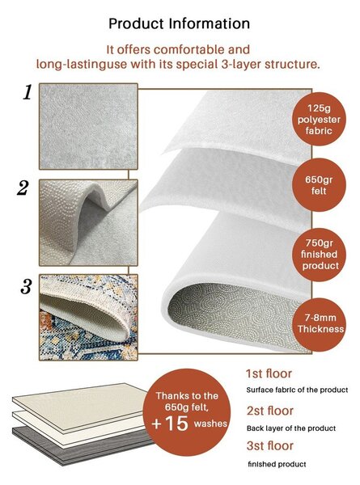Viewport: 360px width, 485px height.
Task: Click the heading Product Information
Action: [180, 23]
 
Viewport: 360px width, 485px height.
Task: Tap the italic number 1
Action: [28, 92]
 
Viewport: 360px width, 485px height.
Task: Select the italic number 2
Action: [23, 188]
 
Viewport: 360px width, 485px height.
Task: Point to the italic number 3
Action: [27, 287]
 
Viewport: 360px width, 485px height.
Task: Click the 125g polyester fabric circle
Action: [319, 119]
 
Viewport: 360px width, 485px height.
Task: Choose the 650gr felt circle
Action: [319, 185]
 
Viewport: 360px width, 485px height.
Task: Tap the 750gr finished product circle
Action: [319, 255]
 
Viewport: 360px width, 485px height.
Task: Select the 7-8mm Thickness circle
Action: [319, 324]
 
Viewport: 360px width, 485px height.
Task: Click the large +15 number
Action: [170, 423]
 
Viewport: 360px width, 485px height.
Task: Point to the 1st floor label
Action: [269, 373]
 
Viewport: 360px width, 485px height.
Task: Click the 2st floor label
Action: [270, 411]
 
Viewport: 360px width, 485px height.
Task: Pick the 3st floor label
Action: [270, 445]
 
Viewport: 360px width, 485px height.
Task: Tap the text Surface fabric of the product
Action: [297, 390]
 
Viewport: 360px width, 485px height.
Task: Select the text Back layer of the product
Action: [291, 428]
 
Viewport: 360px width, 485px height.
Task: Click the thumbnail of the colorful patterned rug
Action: [88, 318]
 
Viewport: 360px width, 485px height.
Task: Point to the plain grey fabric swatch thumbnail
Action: [88, 126]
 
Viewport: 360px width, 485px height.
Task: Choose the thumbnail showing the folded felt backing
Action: [88, 223]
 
